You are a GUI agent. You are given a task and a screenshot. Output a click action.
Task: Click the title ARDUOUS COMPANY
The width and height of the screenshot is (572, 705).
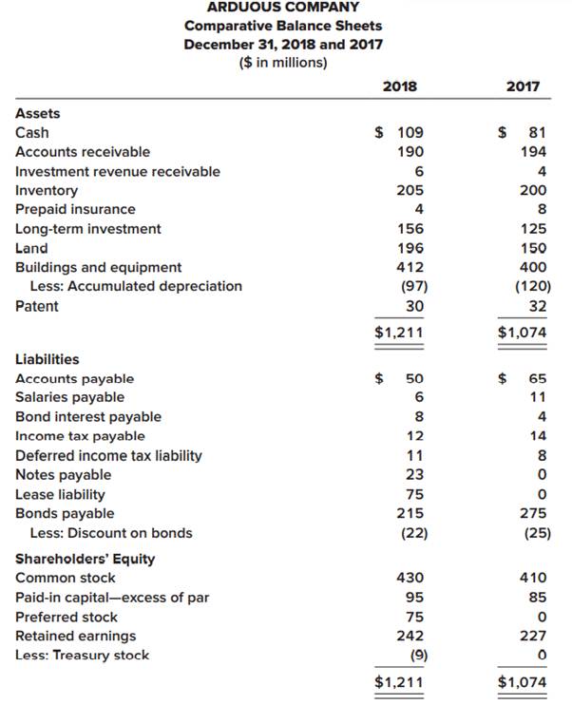pyautogui.click(x=283, y=7)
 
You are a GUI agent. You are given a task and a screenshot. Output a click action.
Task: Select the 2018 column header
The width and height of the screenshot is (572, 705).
pyautogui.click(x=399, y=86)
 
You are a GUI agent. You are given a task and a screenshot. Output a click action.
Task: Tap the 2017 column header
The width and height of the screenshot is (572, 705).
pyautogui.click(x=523, y=86)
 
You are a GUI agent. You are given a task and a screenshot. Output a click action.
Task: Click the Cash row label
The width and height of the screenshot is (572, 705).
pyautogui.click(x=32, y=133)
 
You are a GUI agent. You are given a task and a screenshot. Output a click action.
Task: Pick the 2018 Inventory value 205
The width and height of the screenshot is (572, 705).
pyautogui.click(x=410, y=190)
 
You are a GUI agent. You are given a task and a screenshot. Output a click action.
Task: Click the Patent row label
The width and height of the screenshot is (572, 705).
pyautogui.click(x=37, y=306)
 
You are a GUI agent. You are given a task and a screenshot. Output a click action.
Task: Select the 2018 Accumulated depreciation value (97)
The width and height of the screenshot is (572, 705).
pyautogui.click(x=411, y=286)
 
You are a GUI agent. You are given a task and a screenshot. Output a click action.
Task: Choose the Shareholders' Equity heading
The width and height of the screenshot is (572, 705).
pyautogui.click(x=86, y=559)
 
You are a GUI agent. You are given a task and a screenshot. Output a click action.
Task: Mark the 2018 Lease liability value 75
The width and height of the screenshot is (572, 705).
pyautogui.click(x=415, y=494)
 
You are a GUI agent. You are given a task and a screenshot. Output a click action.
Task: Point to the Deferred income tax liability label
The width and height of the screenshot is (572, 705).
pyautogui.click(x=108, y=455)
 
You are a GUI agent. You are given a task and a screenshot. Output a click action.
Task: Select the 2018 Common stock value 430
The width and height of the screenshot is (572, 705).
pyautogui.click(x=410, y=578)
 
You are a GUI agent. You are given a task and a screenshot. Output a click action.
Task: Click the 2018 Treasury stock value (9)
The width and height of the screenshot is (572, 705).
pyautogui.click(x=415, y=655)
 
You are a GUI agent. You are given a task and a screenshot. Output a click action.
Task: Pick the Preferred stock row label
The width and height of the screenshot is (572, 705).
pyautogui.click(x=67, y=617)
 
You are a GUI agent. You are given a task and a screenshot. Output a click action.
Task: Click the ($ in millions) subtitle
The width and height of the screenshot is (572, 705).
pyautogui.click(x=283, y=63)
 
